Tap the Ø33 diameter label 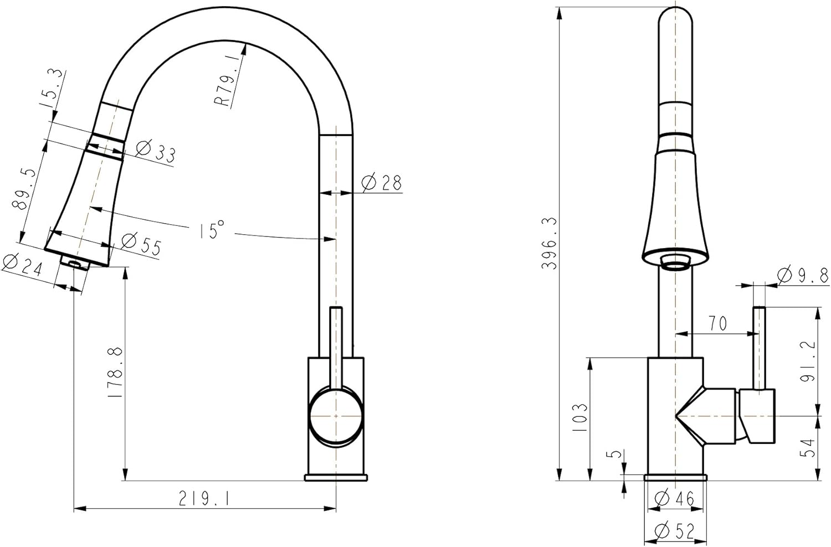click(x=155, y=151)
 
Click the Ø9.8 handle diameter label click(x=802, y=275)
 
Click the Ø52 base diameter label click(x=674, y=532)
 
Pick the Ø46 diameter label click(x=674, y=499)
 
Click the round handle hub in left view click(x=335, y=415)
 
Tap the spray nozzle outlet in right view click(x=674, y=262)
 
